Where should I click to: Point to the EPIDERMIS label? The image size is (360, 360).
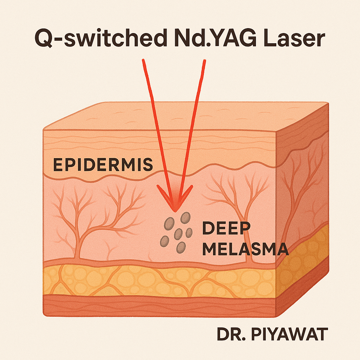(103, 165)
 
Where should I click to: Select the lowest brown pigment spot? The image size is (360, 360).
(181, 247)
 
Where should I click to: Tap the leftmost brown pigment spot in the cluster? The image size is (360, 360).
(165, 241)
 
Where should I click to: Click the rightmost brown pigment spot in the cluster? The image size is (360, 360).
(189, 232)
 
